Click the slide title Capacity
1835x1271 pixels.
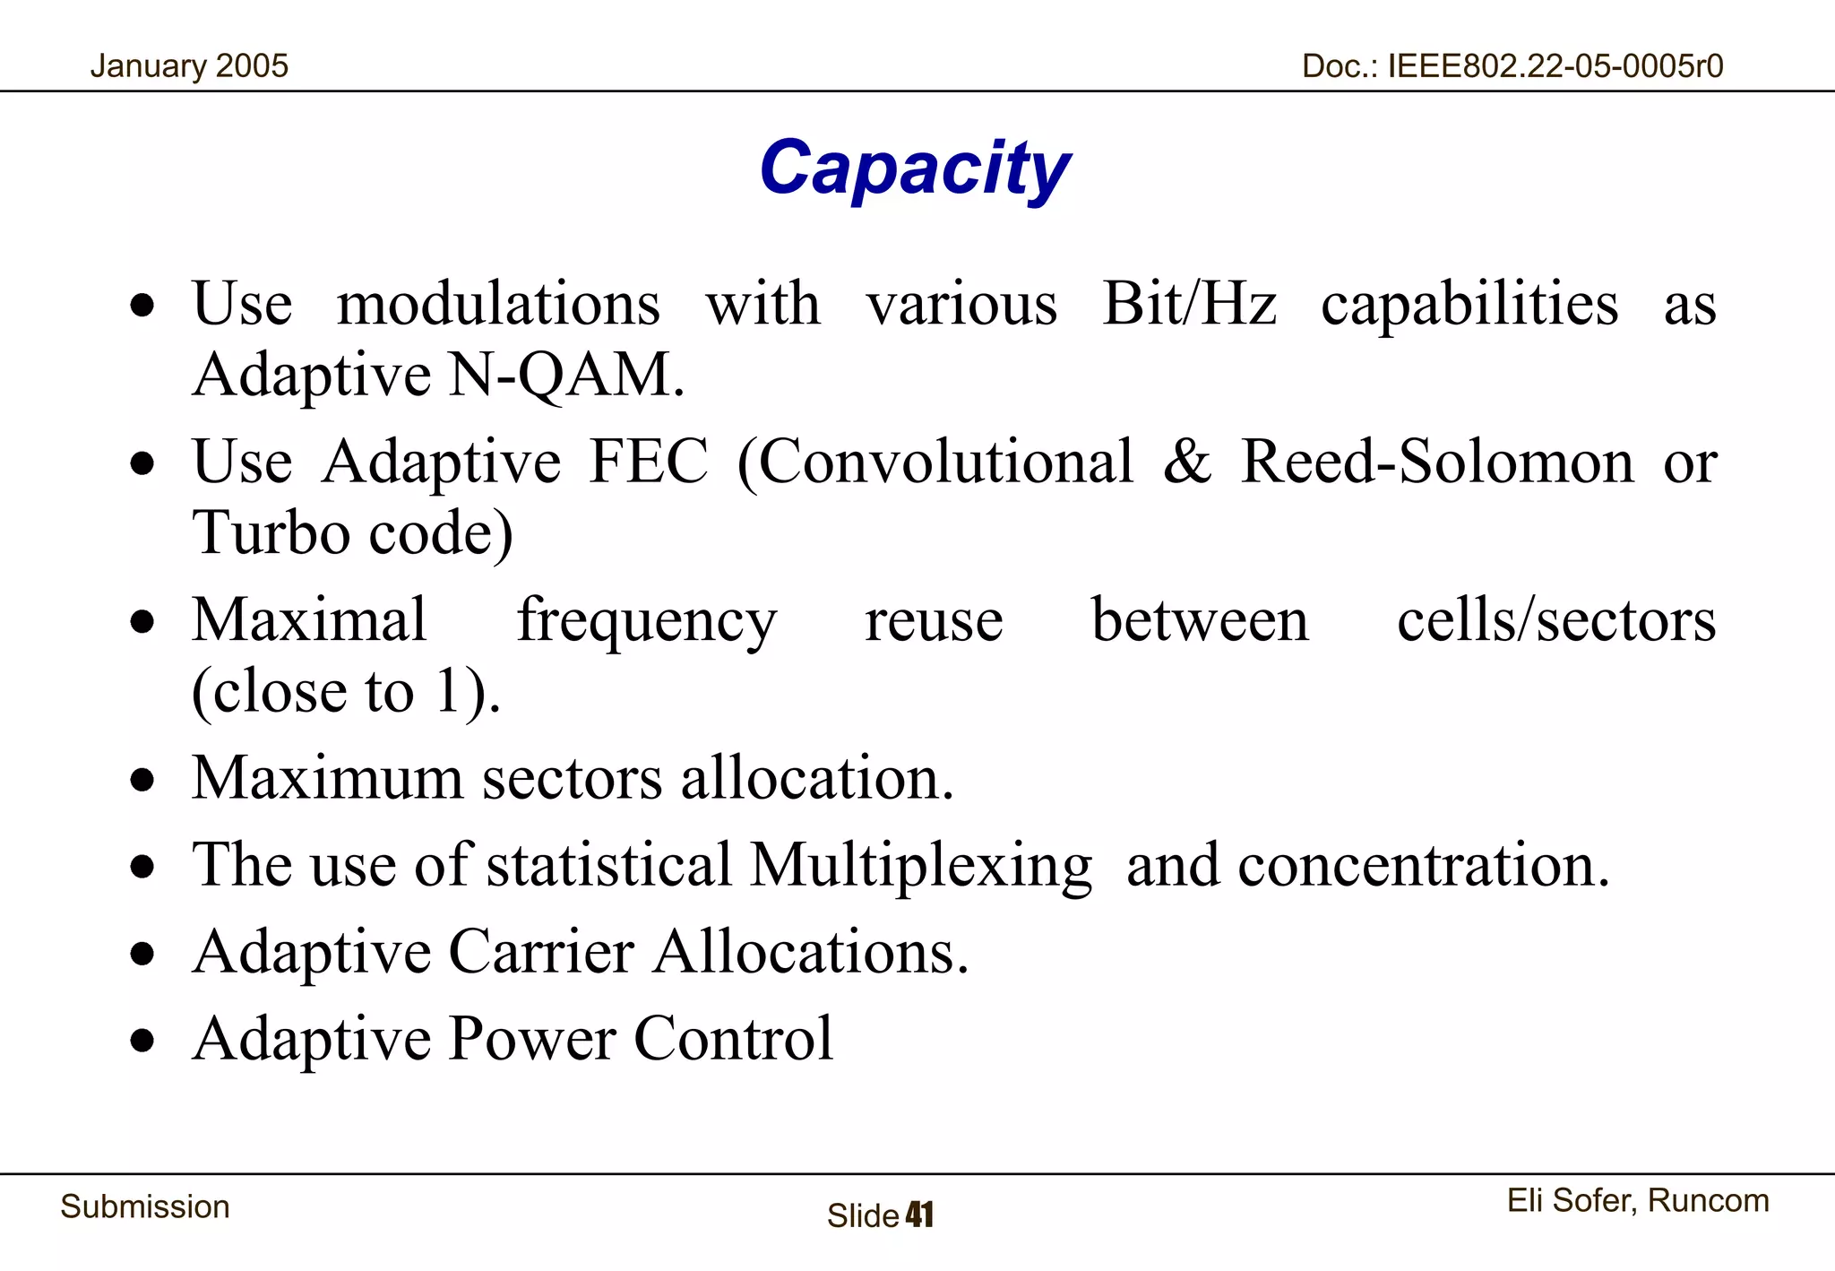click(915, 169)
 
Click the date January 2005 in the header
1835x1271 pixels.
click(189, 65)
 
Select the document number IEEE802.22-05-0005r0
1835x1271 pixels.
click(1555, 65)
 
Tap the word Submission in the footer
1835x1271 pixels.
click(145, 1206)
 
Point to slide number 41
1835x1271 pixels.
click(919, 1215)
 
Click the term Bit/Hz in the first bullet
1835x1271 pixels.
click(1189, 303)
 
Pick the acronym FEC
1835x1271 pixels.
click(648, 462)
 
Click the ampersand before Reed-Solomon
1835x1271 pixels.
click(1186, 462)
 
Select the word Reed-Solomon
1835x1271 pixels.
click(1437, 462)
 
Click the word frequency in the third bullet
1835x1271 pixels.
click(646, 620)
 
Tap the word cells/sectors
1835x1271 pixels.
click(1556, 620)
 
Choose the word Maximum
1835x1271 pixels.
click(328, 777)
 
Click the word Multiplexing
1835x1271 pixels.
click(921, 865)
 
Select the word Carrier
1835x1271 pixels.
click(541, 951)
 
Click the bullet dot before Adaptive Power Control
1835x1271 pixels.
click(142, 1041)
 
